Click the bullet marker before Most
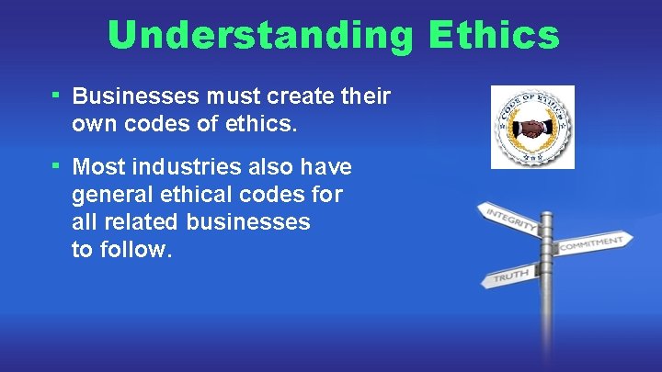coord(56,164)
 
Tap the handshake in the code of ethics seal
coord(531,129)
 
